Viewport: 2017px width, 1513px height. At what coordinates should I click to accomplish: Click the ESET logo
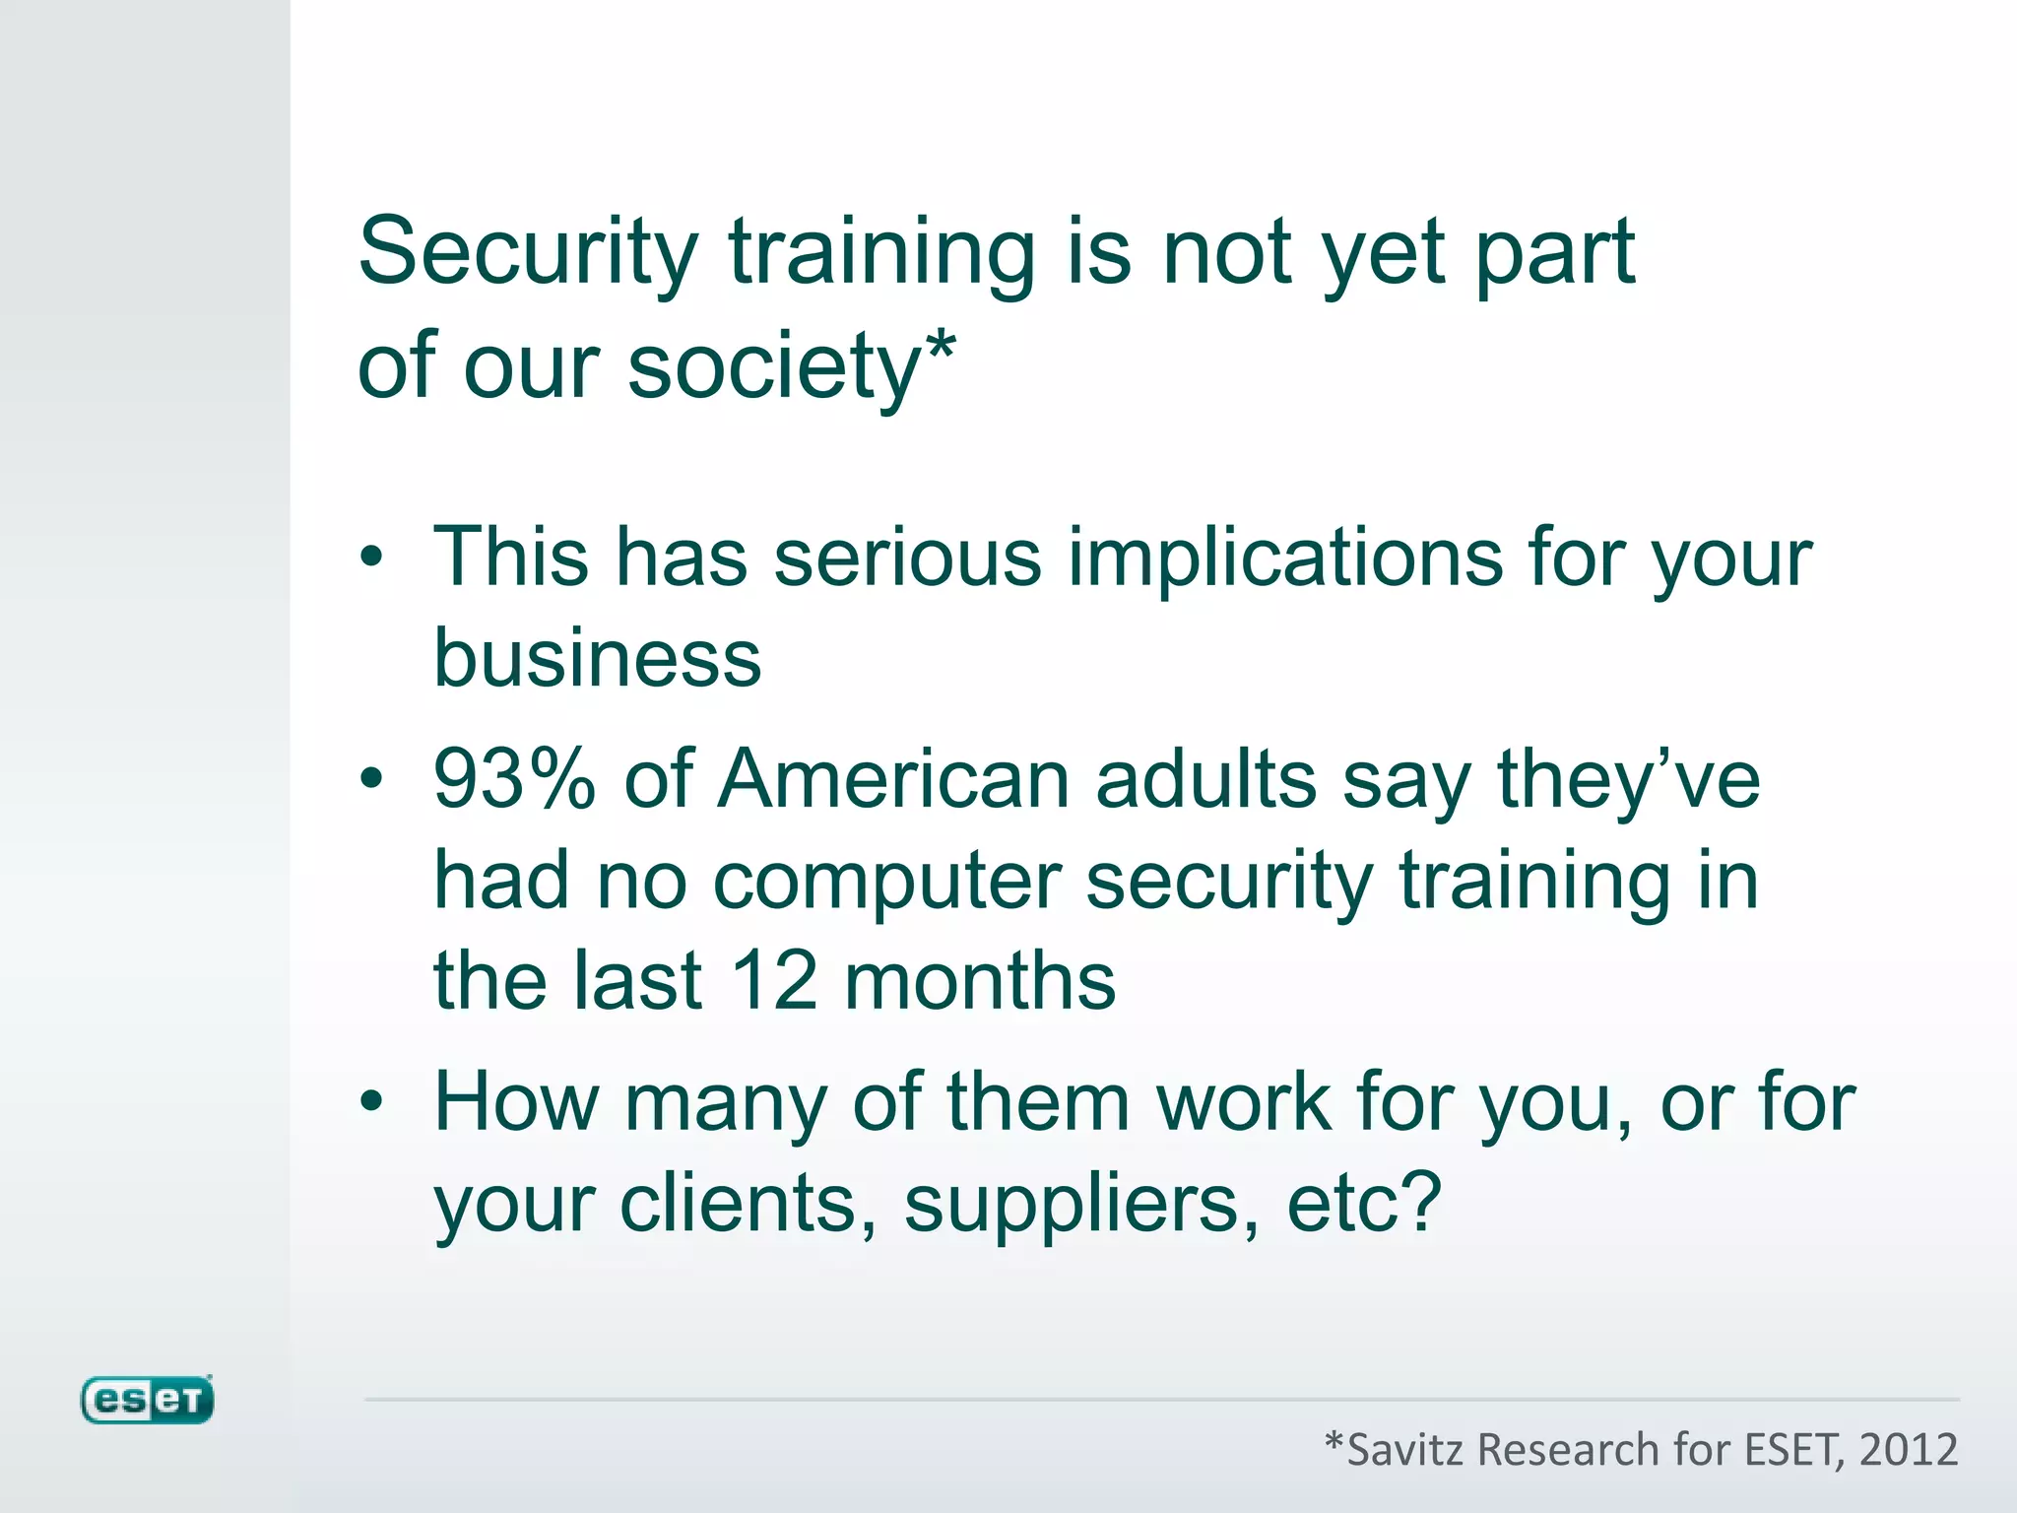coord(147,1400)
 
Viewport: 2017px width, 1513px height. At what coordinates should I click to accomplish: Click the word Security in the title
coord(528,253)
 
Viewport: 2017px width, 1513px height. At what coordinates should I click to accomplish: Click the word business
coord(598,658)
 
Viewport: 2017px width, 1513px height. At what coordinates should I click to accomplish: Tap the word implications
coord(1285,558)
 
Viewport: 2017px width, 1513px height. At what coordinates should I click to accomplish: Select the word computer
coord(886,881)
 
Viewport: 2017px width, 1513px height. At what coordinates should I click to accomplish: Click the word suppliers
coord(1081,1204)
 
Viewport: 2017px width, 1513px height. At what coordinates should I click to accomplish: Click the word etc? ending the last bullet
coord(1364,1204)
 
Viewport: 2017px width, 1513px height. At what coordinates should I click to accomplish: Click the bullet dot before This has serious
coord(371,558)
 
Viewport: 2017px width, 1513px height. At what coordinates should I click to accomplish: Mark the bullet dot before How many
coord(371,1101)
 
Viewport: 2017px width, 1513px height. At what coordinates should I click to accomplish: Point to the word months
coord(980,981)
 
